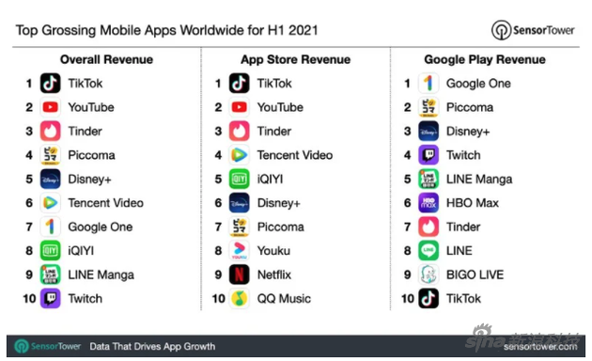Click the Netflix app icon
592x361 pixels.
point(239,275)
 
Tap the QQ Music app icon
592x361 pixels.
point(239,298)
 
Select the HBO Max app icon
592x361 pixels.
point(428,203)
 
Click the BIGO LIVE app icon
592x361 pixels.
point(428,275)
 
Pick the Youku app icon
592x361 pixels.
point(239,251)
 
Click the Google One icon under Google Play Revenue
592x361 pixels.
point(428,83)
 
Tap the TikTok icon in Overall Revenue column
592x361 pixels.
point(50,83)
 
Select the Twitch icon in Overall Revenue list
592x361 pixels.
point(50,298)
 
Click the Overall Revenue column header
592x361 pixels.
point(106,59)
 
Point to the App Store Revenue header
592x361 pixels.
point(296,59)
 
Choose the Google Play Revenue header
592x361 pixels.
point(485,59)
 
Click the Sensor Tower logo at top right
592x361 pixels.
point(533,30)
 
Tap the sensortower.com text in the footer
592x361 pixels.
point(540,347)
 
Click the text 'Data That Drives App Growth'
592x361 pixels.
point(152,346)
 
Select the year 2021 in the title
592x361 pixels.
point(304,30)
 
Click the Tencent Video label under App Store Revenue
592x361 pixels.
point(295,155)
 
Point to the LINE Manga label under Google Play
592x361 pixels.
point(479,179)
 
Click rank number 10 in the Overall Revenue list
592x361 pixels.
point(29,299)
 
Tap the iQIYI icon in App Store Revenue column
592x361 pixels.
point(239,179)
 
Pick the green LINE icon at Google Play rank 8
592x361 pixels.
point(428,251)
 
